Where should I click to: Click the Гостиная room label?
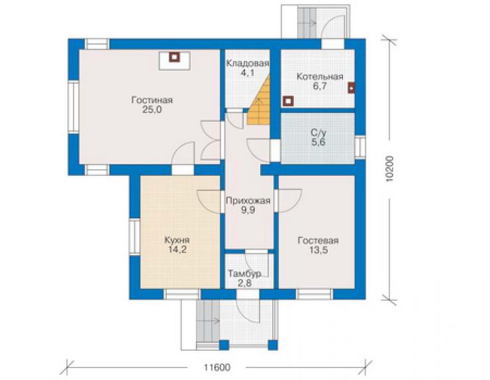point(152,100)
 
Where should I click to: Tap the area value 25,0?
point(152,110)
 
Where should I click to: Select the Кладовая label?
point(247,63)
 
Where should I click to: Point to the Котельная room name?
point(320,77)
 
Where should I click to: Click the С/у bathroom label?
point(318,133)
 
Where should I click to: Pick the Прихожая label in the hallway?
point(248,201)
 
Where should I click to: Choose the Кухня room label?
point(177,241)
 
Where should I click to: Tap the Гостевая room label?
point(318,241)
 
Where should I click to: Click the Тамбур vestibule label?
point(245,274)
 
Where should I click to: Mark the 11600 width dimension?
point(217,367)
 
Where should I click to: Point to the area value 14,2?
point(177,250)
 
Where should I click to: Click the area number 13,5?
point(318,250)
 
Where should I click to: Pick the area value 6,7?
point(320,86)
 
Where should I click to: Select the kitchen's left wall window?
point(134,237)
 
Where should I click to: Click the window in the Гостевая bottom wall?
point(314,294)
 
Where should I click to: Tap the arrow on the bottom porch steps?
point(215,321)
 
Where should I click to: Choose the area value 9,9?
point(248,210)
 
